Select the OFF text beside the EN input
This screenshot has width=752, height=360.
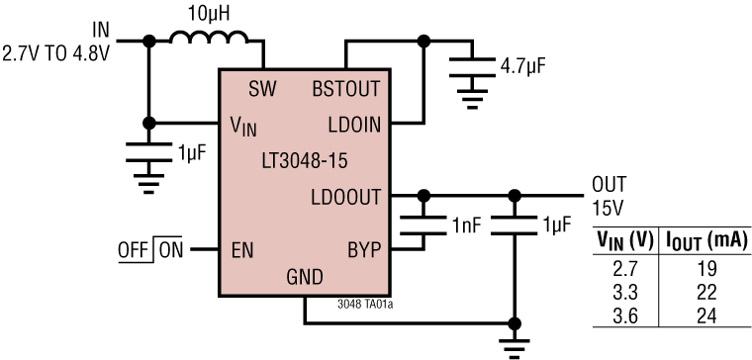[x=132, y=249]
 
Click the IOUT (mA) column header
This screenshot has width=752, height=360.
[x=705, y=240]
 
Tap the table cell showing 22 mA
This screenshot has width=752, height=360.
[x=704, y=287]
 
